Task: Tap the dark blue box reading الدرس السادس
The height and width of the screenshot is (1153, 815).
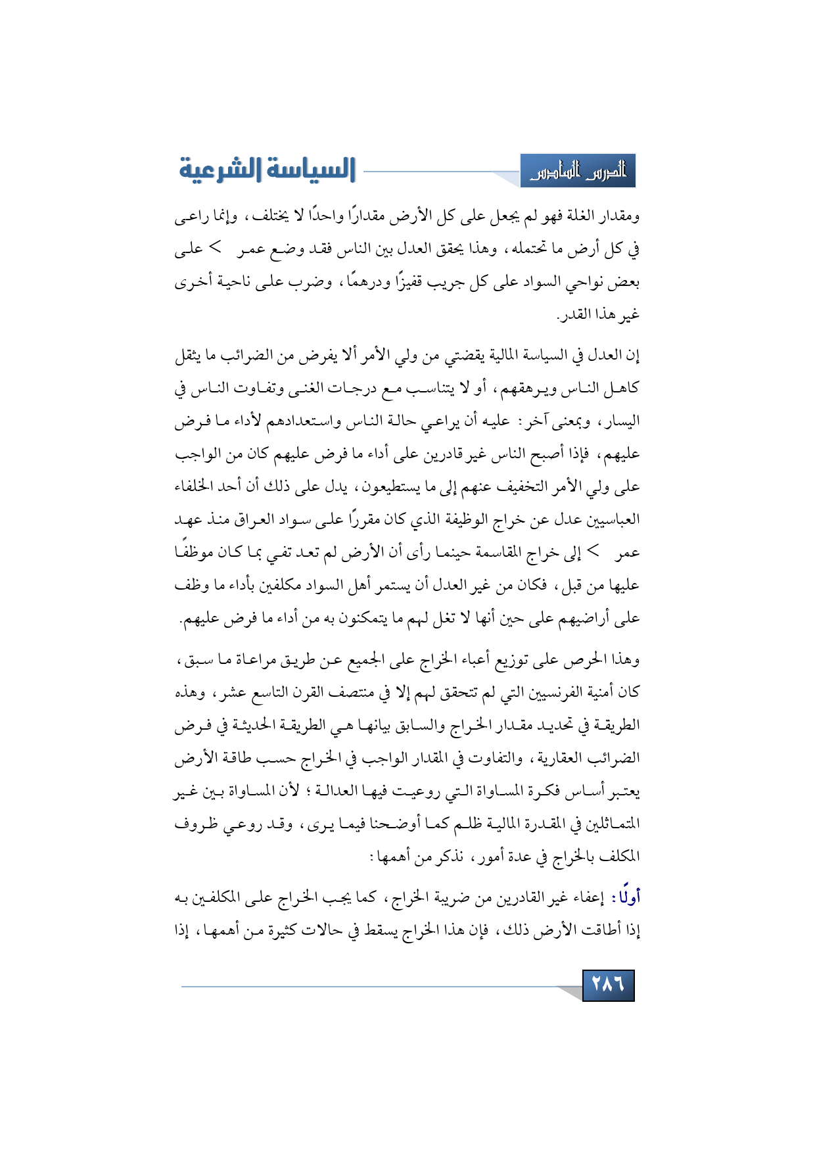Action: point(578,172)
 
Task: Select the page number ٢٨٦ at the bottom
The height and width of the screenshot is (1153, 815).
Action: point(608,985)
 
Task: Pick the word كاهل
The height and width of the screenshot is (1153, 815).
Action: point(625,388)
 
